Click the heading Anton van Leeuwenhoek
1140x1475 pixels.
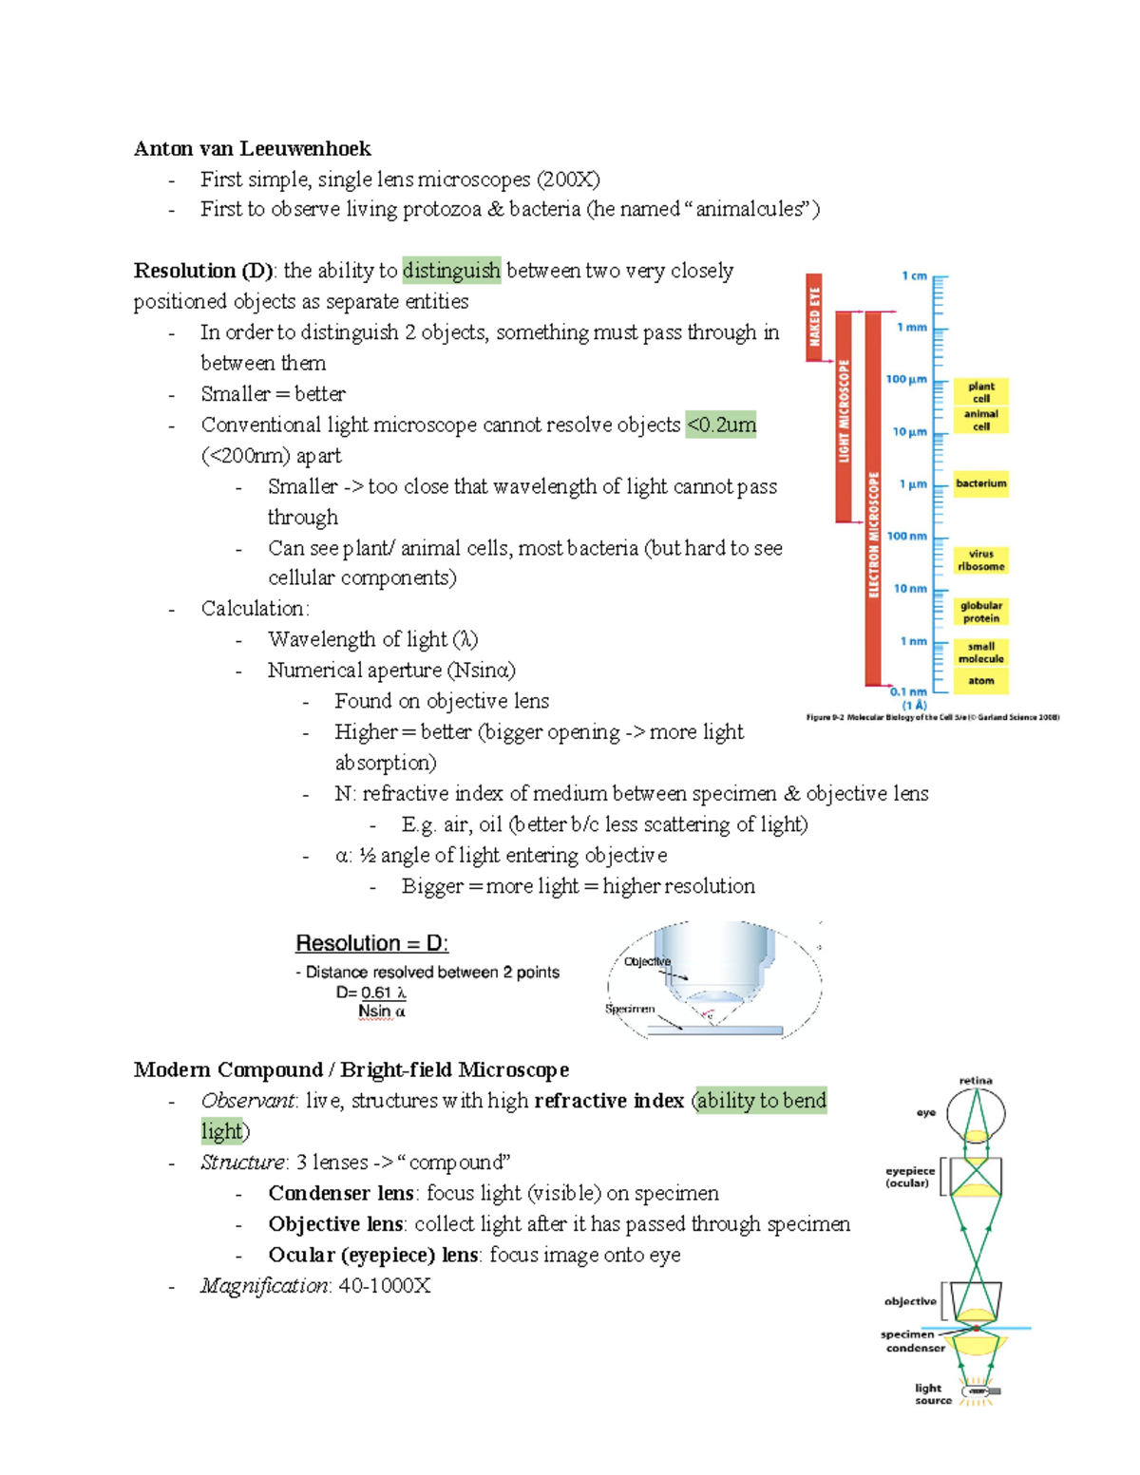point(252,148)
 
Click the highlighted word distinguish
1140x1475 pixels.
point(451,271)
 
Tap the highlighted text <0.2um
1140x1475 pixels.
point(721,425)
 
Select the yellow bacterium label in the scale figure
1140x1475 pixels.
point(980,483)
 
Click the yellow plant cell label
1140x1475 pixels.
point(980,392)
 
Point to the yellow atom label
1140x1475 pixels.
point(980,680)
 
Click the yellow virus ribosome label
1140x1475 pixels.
point(980,560)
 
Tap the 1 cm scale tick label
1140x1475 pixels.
point(914,276)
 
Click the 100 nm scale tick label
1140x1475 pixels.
point(906,536)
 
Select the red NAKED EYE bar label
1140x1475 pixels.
point(814,317)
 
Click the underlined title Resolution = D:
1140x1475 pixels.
point(371,943)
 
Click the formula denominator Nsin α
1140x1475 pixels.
point(382,1012)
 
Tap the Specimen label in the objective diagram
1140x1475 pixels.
point(630,1009)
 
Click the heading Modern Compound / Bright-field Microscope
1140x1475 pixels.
point(351,1069)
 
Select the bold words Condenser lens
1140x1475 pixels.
point(340,1193)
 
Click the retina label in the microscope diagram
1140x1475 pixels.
point(976,1081)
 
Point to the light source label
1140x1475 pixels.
point(932,1393)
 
